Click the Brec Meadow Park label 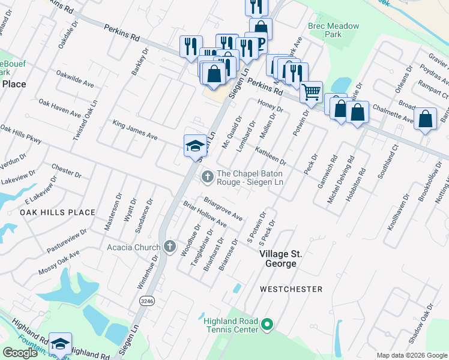(x=333, y=31)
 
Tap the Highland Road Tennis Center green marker (x=268, y=326)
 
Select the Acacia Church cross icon (x=170, y=247)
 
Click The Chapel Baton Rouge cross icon (x=207, y=176)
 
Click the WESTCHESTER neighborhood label (x=291, y=289)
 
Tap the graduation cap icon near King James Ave (x=195, y=145)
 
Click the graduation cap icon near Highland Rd (x=60, y=344)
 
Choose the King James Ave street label (x=135, y=130)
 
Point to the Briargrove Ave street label (x=223, y=206)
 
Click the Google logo (x=20, y=353)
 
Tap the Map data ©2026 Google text (x=412, y=355)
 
